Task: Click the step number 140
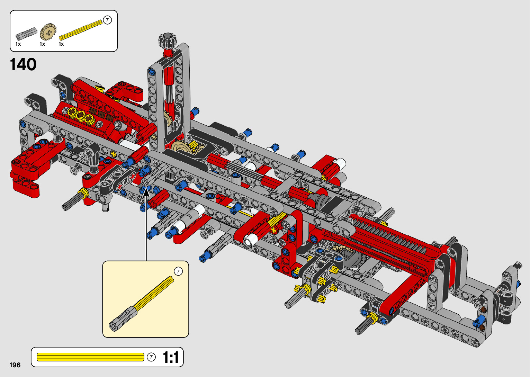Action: (23, 64)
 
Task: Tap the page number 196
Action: (15, 365)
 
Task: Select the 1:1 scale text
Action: (171, 357)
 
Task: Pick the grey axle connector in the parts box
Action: (26, 33)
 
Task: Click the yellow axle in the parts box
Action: (81, 30)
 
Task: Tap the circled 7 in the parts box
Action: (107, 20)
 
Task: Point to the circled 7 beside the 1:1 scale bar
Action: (151, 357)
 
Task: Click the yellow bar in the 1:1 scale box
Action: (90, 357)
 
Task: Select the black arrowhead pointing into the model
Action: (146, 192)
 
